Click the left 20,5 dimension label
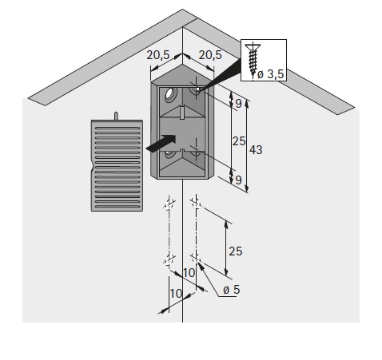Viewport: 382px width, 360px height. [158, 55]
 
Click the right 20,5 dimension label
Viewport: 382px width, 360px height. [210, 55]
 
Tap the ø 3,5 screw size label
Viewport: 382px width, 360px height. [271, 74]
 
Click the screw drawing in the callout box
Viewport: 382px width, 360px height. [253, 60]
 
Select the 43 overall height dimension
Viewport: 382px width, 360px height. [256, 150]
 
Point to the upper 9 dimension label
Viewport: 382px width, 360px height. [238, 104]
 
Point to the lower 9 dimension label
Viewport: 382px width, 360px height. [238, 180]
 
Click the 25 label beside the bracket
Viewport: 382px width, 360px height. [239, 141]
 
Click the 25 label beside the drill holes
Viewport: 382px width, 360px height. [236, 251]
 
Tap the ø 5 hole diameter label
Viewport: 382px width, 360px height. [231, 290]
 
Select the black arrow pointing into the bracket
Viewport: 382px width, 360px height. [161, 144]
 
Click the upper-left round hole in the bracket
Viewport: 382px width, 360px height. [171, 94]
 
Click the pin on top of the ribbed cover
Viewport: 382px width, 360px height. [116, 116]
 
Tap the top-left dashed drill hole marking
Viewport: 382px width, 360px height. [169, 204]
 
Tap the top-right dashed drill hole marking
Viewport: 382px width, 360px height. [197, 204]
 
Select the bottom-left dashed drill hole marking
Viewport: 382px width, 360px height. [169, 259]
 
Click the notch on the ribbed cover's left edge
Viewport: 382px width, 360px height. [93, 167]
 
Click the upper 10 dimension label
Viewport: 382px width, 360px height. [189, 273]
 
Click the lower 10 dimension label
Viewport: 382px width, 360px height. [176, 294]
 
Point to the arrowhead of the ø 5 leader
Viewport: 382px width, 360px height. [201, 266]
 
